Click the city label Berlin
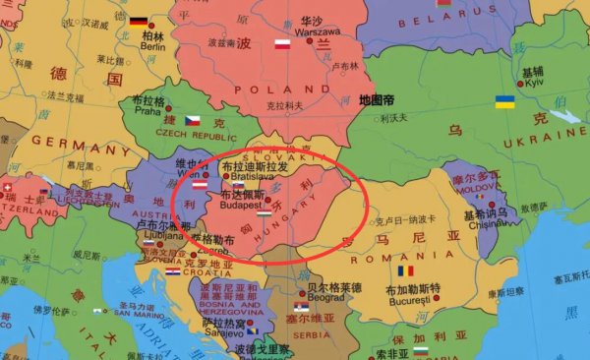152,46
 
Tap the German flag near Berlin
138,22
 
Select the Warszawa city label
312,30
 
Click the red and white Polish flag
282,44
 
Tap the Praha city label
147,111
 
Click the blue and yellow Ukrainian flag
504,101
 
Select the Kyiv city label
533,83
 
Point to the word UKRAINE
544,143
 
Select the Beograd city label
325,297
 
